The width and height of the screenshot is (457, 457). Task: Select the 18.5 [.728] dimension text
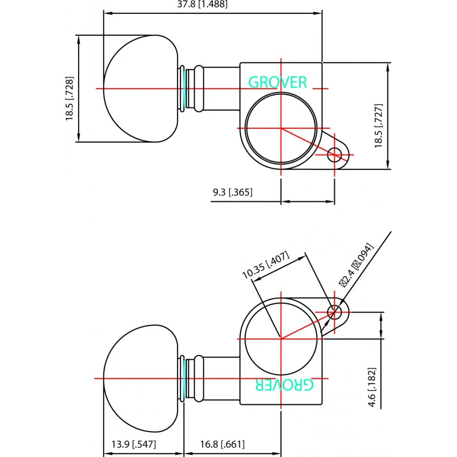pos(70,98)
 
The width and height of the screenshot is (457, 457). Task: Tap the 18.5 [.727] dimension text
pos(378,125)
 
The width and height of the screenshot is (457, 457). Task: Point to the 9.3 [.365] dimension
pos(232,192)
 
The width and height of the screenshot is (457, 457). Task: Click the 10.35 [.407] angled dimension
pos(266,265)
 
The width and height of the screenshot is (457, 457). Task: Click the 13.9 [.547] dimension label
pos(133,444)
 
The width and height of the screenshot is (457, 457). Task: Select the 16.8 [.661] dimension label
pos(222,444)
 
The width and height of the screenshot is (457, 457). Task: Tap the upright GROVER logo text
pos(277,82)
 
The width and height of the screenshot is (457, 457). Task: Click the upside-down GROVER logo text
pos(284,385)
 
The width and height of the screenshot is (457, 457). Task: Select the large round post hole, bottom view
pos(281,338)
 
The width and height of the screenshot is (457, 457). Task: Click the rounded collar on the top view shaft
pos(198,88)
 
